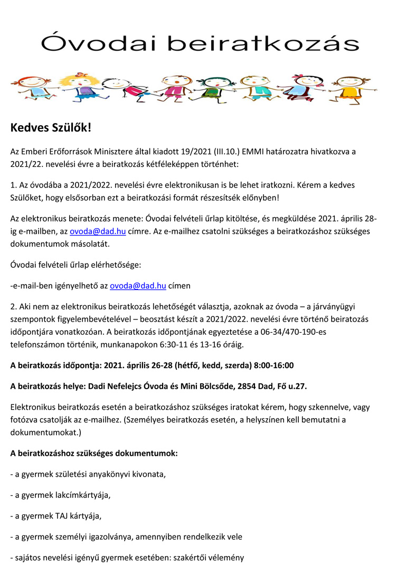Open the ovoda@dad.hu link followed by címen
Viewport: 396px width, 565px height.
click(x=138, y=286)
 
